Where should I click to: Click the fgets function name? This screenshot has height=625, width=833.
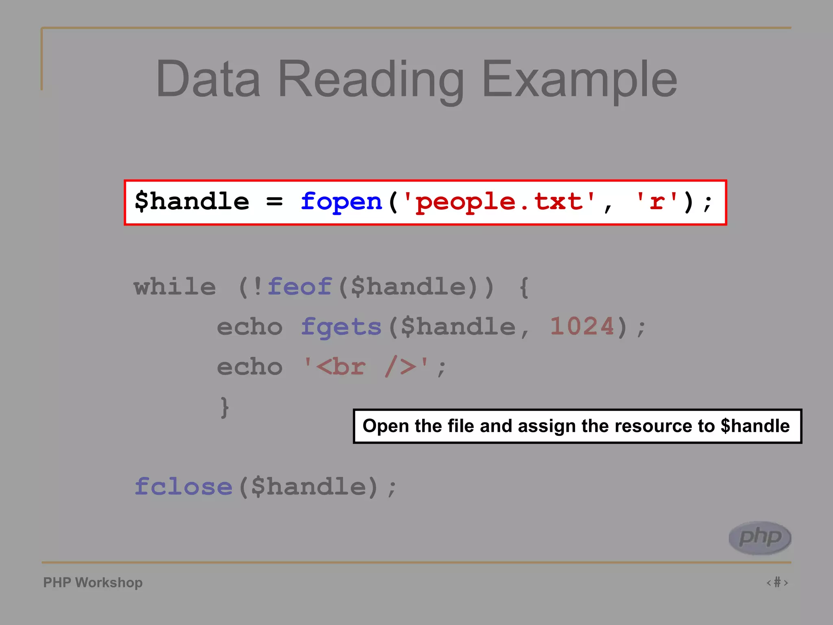(x=341, y=327)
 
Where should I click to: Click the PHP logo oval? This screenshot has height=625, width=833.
(x=760, y=538)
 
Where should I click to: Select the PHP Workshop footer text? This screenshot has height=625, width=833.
(x=93, y=583)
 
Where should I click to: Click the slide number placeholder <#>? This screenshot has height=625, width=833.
(x=777, y=582)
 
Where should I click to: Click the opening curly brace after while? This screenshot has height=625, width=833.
(x=524, y=287)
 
